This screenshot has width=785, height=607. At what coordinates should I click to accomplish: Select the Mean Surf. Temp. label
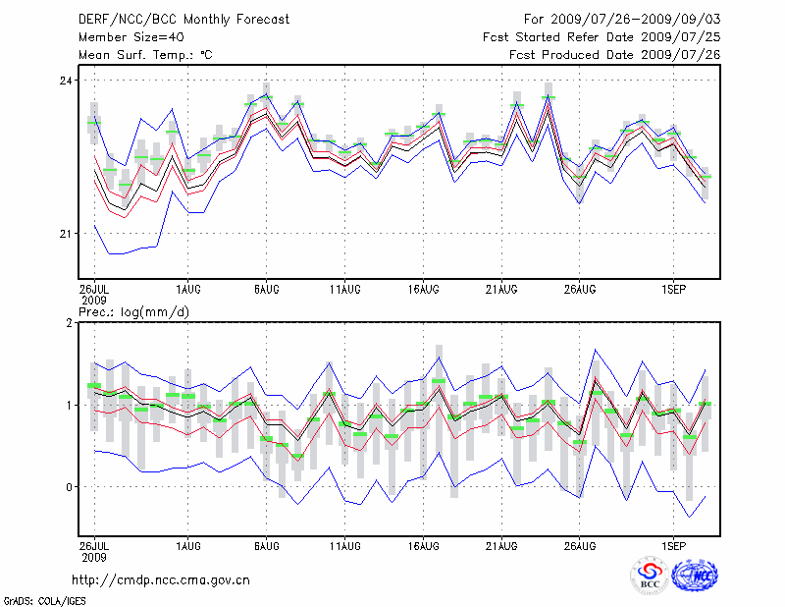[145, 55]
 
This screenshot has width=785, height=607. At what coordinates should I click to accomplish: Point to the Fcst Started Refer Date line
[602, 37]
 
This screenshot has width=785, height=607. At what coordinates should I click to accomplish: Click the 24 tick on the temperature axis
[67, 80]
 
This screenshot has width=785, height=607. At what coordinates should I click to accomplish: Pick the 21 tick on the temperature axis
[67, 234]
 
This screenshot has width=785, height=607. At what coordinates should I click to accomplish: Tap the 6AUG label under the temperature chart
[266, 289]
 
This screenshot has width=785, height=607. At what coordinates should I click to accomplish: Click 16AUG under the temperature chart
[423, 289]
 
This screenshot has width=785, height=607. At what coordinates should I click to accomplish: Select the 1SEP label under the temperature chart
[673, 289]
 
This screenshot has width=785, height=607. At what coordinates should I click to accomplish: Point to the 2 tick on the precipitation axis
[70, 323]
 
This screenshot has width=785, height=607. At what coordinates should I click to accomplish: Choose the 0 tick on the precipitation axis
[70, 487]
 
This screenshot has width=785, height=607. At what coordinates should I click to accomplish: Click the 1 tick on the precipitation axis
[70, 405]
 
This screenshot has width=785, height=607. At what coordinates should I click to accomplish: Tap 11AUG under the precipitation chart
[344, 543]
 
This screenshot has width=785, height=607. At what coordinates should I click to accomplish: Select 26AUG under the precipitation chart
[580, 543]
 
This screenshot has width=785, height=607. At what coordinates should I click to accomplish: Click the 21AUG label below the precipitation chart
[501, 543]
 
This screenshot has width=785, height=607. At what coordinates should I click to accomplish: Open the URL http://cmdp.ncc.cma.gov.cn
[161, 580]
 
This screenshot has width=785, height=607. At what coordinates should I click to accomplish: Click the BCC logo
[651, 575]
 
